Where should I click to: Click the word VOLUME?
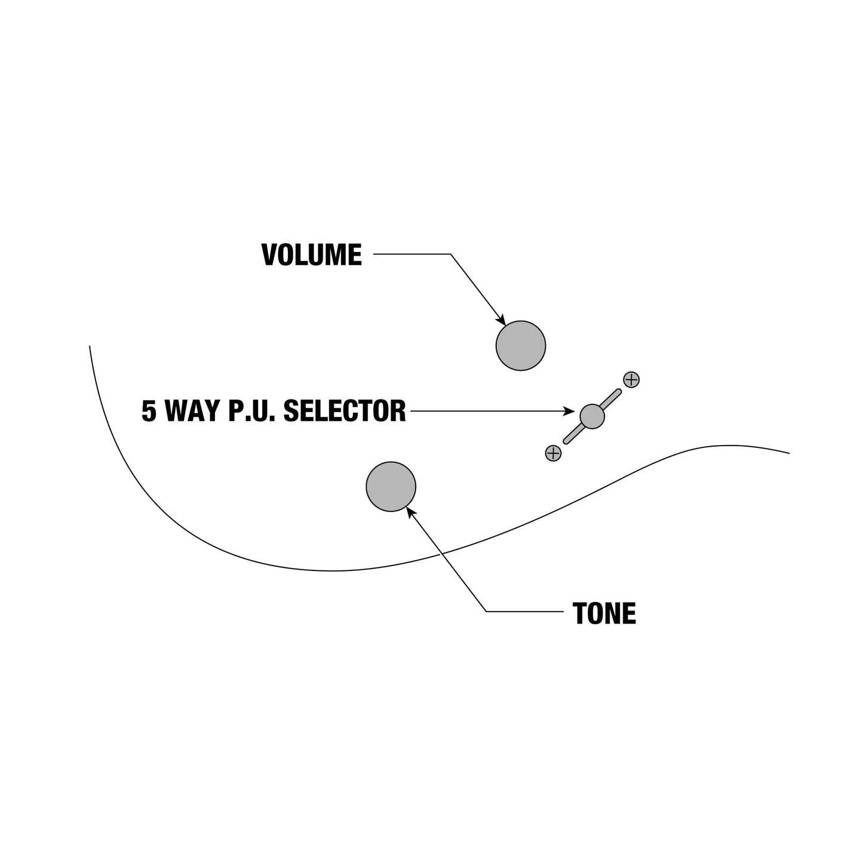[x=312, y=255]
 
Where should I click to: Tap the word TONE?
[x=604, y=613]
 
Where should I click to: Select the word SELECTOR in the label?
[x=345, y=411]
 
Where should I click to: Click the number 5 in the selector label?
[x=149, y=411]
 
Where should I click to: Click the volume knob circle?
[x=520, y=345]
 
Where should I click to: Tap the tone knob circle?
[x=391, y=486]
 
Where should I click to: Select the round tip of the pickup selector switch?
[x=592, y=416]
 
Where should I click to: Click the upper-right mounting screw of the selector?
[x=631, y=380]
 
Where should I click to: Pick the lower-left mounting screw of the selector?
[x=553, y=453]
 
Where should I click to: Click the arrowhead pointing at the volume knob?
[x=502, y=320]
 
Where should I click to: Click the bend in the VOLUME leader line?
[x=450, y=254]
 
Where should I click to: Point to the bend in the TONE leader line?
[x=486, y=612]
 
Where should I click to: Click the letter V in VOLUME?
[x=269, y=255]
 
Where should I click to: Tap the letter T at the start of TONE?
[x=580, y=613]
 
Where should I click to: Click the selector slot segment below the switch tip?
[x=573, y=434]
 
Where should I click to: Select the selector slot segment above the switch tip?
[x=611, y=398]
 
